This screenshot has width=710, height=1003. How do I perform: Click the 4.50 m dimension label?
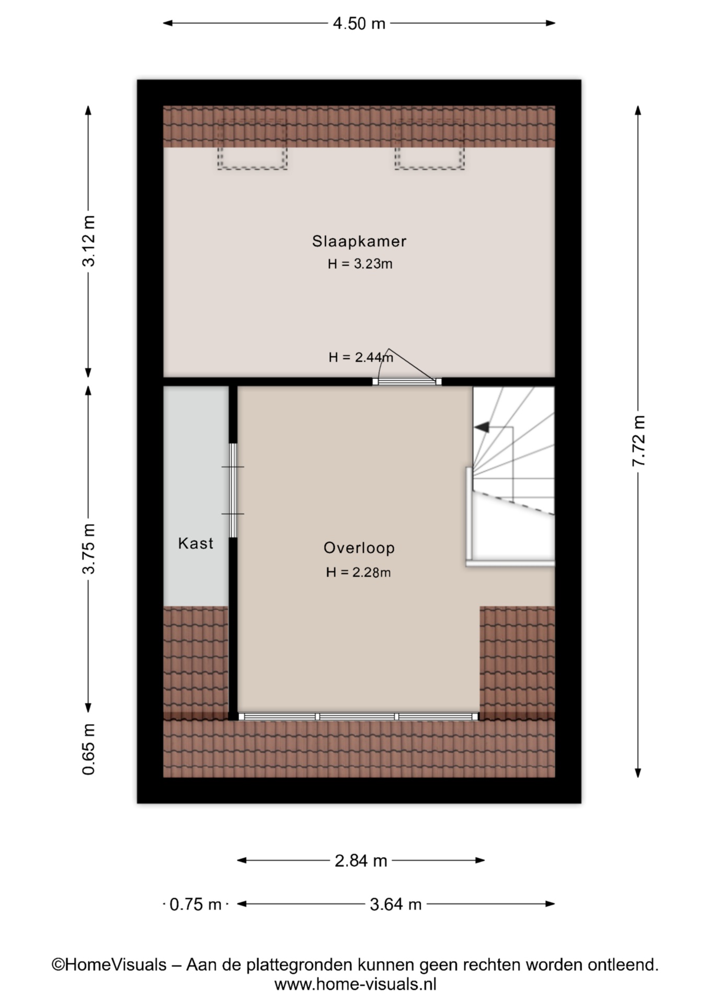pyautogui.click(x=359, y=23)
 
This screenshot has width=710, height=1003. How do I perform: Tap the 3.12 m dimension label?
pyautogui.click(x=89, y=241)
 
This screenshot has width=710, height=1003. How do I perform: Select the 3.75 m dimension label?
pyautogui.click(x=89, y=549)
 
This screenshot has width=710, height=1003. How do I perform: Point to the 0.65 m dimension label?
pyautogui.click(x=89, y=749)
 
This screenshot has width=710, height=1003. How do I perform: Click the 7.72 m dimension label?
pyautogui.click(x=639, y=441)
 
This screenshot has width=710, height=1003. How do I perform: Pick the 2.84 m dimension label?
pyautogui.click(x=361, y=860)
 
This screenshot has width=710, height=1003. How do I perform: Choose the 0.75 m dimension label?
pyautogui.click(x=196, y=904)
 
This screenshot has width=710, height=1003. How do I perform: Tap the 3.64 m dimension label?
pyautogui.click(x=396, y=904)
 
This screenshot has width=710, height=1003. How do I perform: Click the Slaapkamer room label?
pyautogui.click(x=359, y=241)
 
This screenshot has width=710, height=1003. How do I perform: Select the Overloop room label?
pyautogui.click(x=359, y=547)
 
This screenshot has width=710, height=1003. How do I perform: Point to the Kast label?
pyautogui.click(x=196, y=543)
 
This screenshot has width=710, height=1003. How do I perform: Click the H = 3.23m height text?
pyautogui.click(x=360, y=264)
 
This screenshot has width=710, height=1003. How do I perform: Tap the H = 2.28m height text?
pyautogui.click(x=358, y=572)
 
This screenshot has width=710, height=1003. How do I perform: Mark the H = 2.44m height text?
pyautogui.click(x=361, y=357)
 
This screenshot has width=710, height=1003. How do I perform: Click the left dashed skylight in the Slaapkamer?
pyautogui.click(x=252, y=144)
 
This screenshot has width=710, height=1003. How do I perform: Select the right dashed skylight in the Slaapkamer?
pyautogui.click(x=430, y=144)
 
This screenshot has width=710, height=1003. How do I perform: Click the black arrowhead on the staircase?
pyautogui.click(x=481, y=427)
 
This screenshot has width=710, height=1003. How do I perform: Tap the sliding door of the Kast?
pyautogui.click(x=233, y=491)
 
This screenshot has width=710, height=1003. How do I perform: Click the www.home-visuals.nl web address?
pyautogui.click(x=355, y=985)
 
